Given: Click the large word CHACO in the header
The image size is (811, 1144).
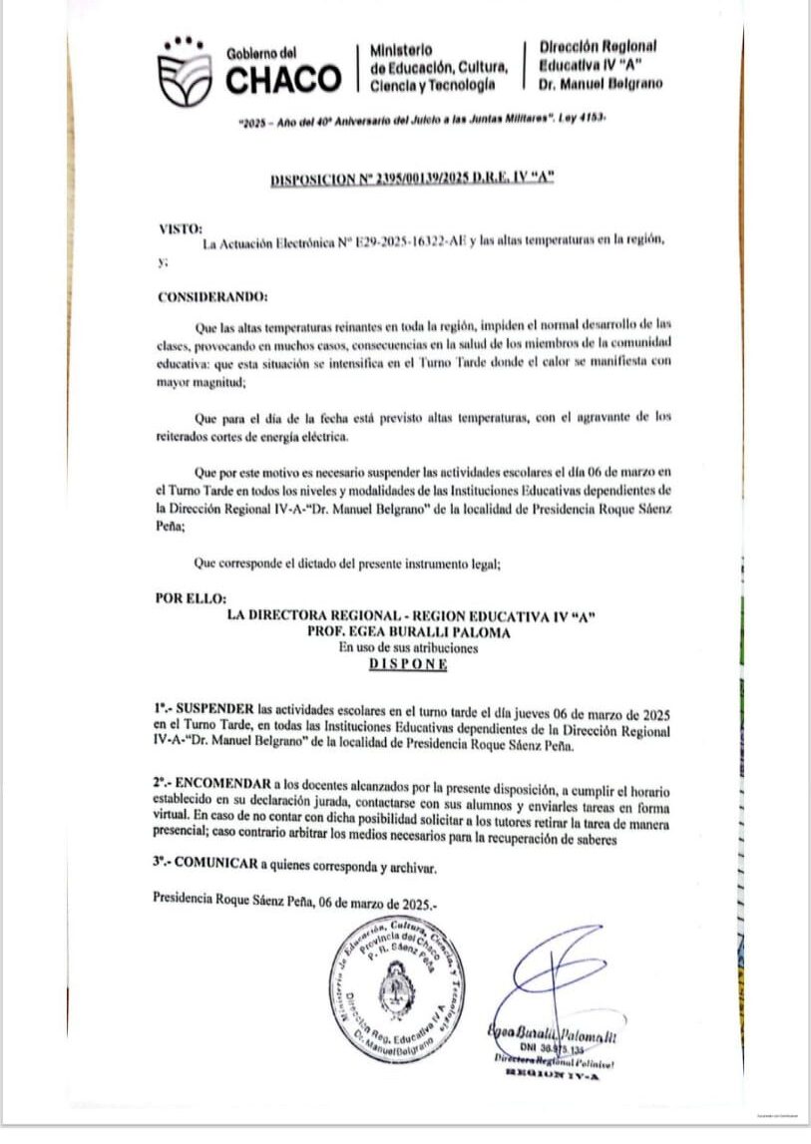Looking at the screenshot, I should click(x=283, y=79).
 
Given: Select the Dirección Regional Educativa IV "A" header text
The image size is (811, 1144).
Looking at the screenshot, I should click(x=600, y=65).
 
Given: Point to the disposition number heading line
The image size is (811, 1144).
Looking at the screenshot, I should click(x=412, y=180).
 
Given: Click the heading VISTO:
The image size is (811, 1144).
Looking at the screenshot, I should click(x=180, y=228).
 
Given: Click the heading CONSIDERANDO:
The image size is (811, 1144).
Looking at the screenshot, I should click(x=212, y=296).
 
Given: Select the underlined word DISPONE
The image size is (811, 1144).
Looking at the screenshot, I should click(x=408, y=664).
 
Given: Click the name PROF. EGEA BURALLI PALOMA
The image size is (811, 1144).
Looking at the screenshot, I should click(x=410, y=631).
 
